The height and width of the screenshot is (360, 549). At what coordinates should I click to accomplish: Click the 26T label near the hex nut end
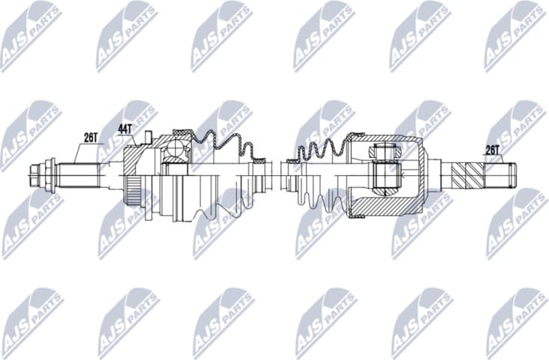pos(91,137)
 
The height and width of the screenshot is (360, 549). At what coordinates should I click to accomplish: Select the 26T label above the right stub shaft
pos(492,150)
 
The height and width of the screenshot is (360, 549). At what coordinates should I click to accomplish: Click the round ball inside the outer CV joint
pos(177,150)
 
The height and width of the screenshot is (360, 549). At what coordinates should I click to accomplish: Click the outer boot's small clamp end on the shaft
pos(259,159)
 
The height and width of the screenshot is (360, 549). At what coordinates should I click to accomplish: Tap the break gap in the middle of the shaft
pos(274,176)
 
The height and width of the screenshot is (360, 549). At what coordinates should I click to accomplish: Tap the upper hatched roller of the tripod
pos(382,153)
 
